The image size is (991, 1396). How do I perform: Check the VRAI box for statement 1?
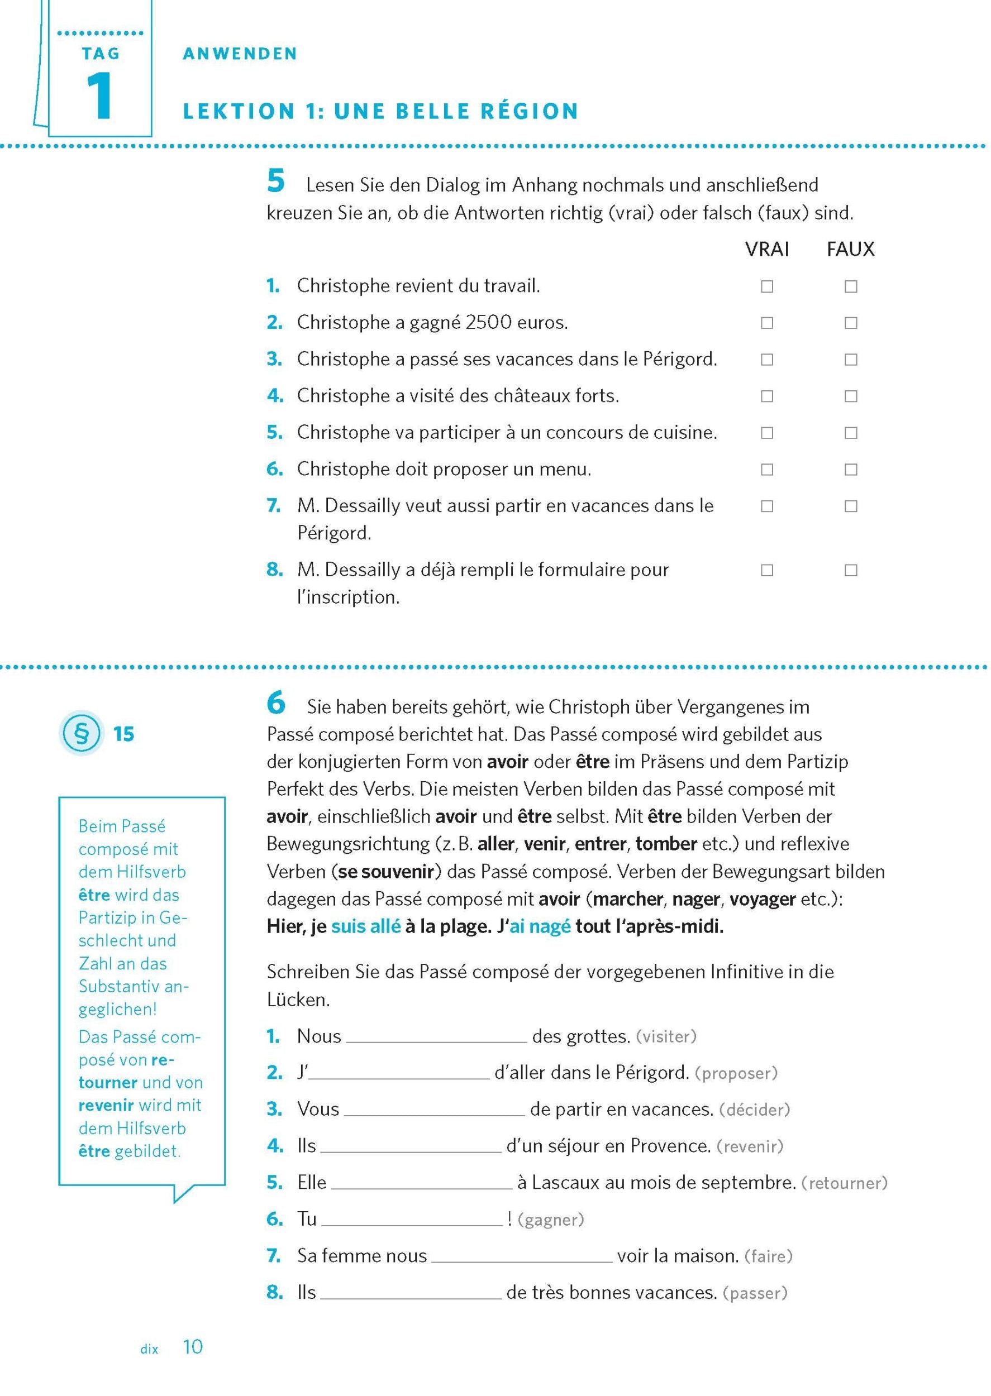tap(767, 286)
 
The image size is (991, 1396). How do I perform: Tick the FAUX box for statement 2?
tap(851, 323)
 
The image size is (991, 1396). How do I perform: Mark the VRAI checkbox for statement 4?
tap(767, 396)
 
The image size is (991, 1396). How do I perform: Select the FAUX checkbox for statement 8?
tap(851, 570)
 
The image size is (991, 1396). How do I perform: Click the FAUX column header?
tap(850, 249)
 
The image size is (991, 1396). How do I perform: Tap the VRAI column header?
tap(767, 249)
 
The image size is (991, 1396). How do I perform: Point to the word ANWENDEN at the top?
tap(240, 54)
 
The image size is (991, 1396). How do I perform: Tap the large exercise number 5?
tap(276, 181)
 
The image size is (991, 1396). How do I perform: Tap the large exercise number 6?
tap(276, 702)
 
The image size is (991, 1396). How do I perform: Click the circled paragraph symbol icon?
tap(81, 733)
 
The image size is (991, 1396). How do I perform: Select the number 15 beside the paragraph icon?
tap(124, 734)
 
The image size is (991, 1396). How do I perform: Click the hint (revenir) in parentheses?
tap(749, 1146)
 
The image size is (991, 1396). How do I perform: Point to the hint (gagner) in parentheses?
tap(550, 1220)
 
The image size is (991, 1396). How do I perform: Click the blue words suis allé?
tap(365, 926)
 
